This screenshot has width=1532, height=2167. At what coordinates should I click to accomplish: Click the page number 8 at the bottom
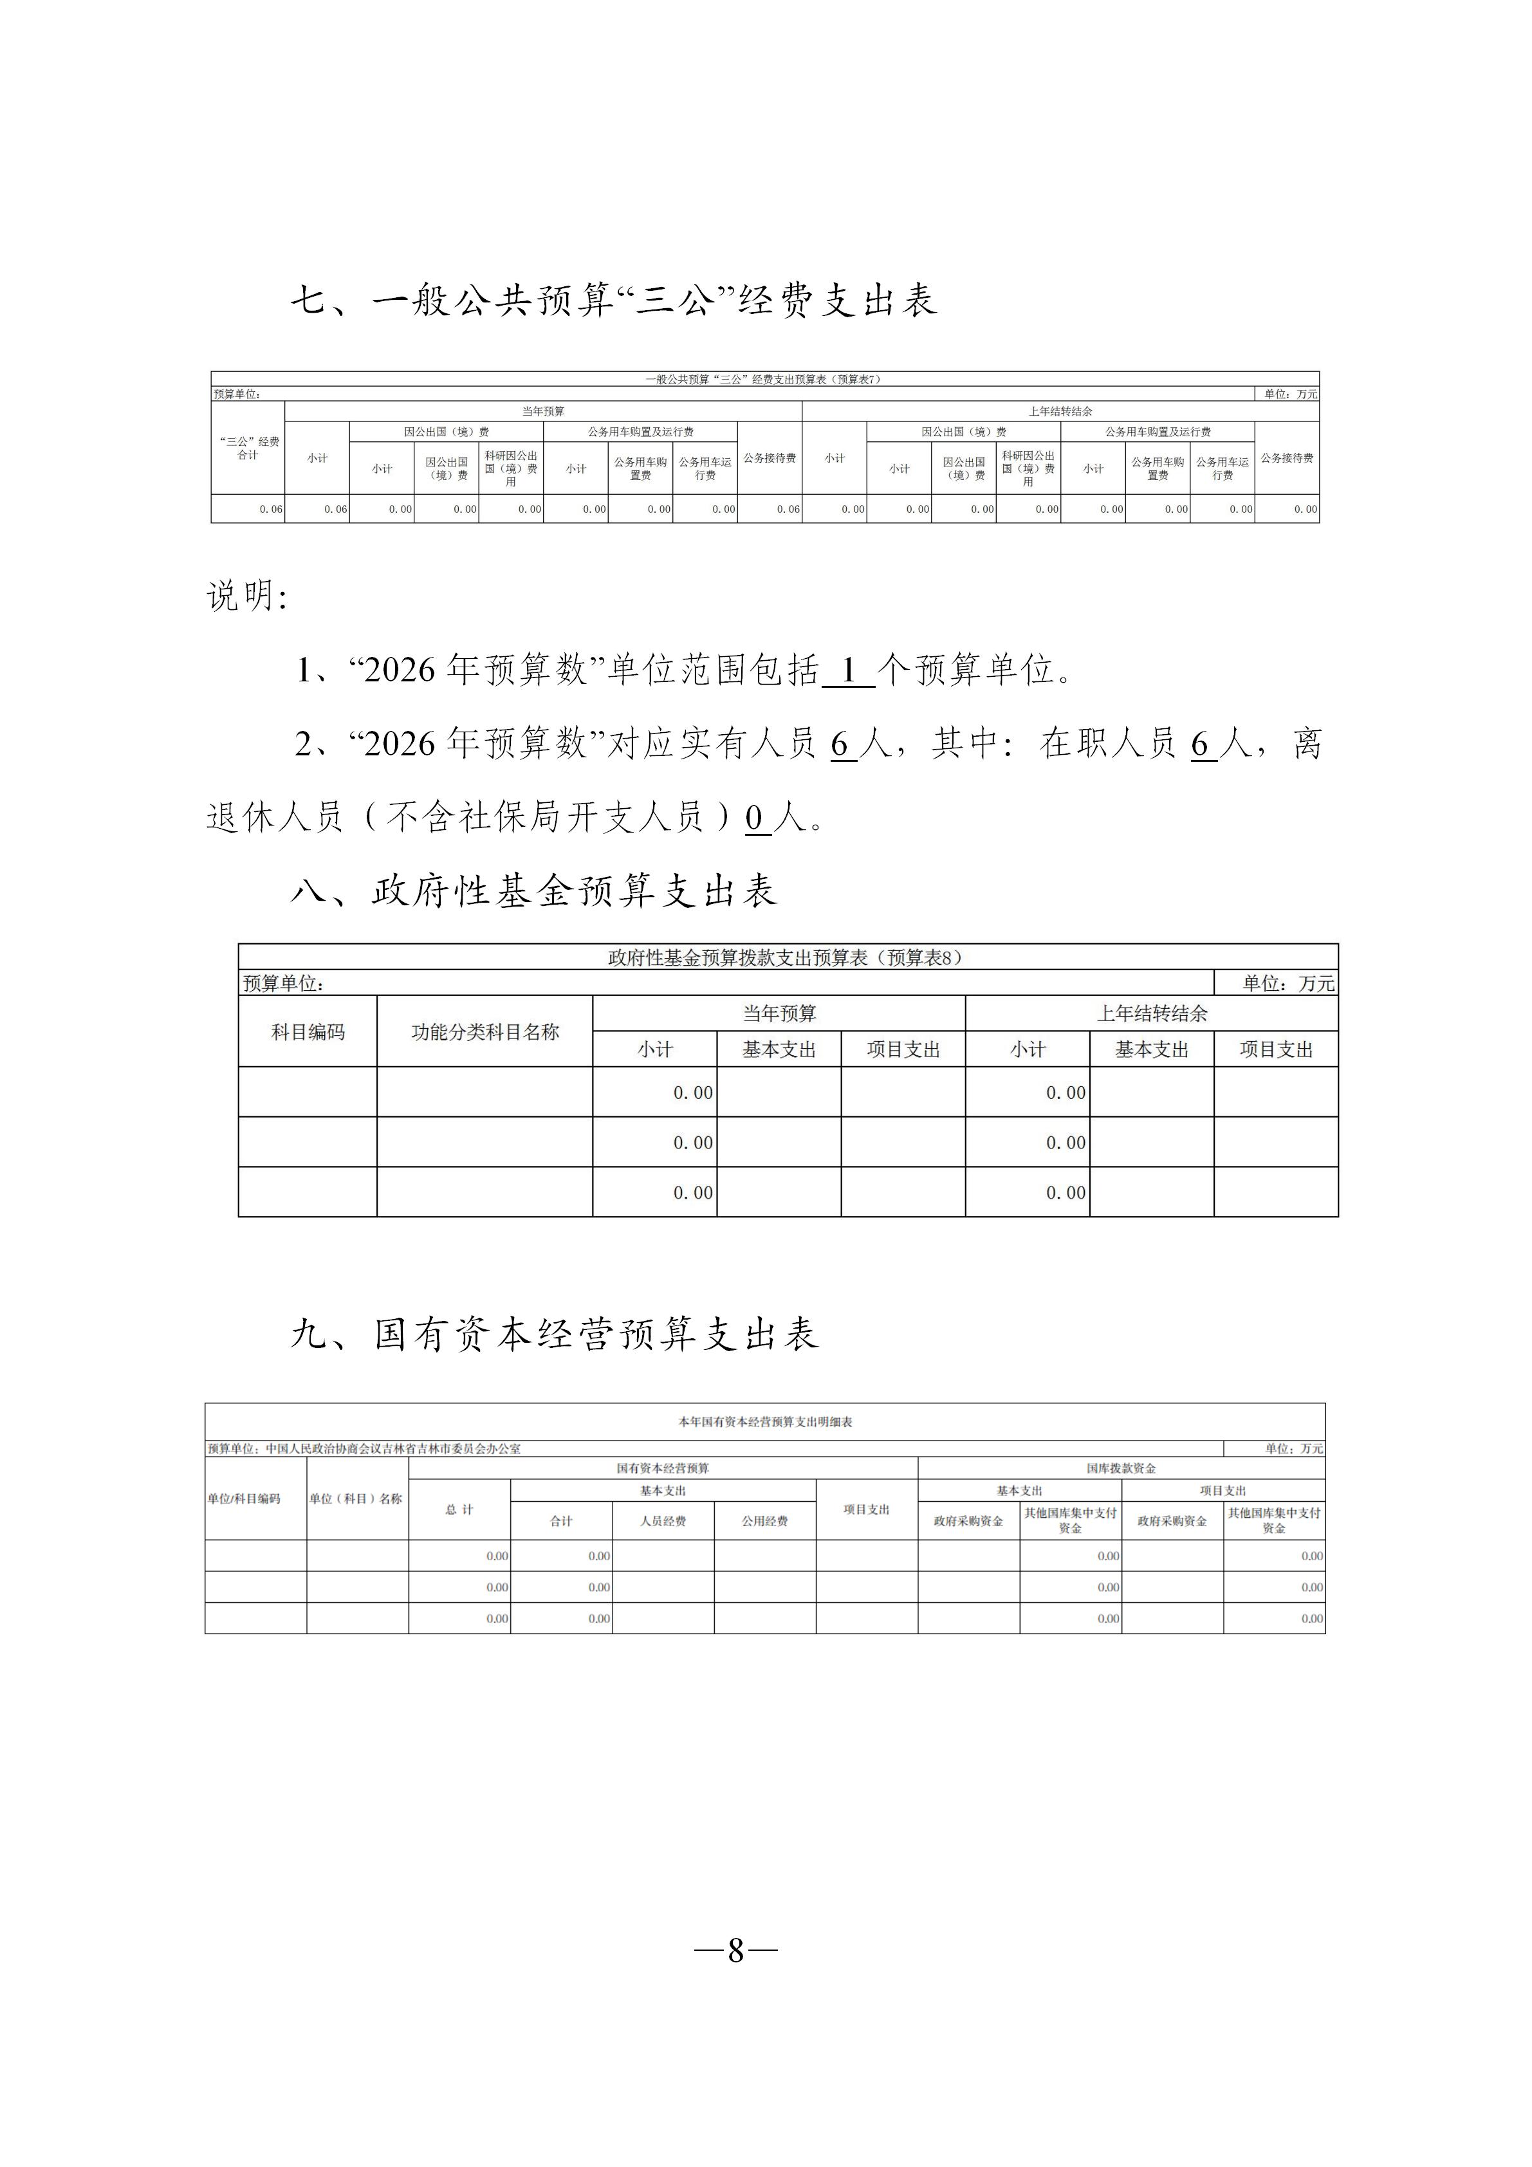pos(735,1951)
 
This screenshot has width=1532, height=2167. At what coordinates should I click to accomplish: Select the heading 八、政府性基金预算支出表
pos(534,890)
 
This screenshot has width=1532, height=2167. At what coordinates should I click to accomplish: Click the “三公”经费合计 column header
pos(248,448)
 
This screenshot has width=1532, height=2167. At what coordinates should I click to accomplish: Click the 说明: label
pos(246,596)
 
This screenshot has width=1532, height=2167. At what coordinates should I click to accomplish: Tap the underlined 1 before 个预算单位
pos(847,671)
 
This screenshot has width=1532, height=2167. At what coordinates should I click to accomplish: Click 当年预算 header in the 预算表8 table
pos(779,1013)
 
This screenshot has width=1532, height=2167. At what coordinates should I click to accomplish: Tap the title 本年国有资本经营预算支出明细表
pos(764,1421)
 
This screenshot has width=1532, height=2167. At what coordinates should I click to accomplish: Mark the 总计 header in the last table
pos(459,1510)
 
